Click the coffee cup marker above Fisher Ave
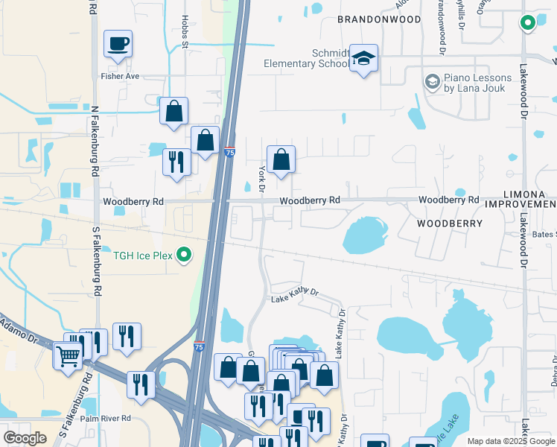(x=118, y=44)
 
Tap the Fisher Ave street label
(x=120, y=76)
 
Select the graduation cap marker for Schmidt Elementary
(x=363, y=59)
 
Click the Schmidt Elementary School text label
(x=306, y=59)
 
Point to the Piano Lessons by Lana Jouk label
(x=479, y=83)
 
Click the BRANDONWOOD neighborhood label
(x=379, y=19)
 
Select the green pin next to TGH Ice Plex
(x=185, y=256)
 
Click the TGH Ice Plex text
(x=143, y=256)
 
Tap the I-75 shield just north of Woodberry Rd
(x=230, y=152)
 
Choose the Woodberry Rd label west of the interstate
(x=133, y=202)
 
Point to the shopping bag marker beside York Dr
(x=281, y=159)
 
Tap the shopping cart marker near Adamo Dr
(x=68, y=355)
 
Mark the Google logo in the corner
(x=25, y=437)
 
